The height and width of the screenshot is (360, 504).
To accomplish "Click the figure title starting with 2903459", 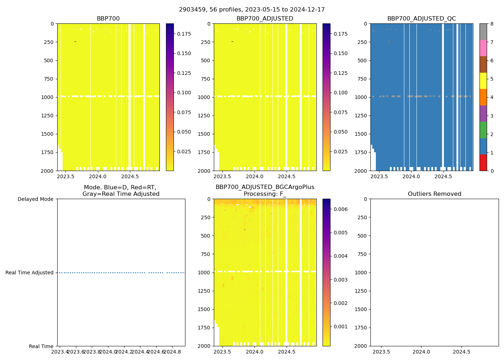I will point(252,10).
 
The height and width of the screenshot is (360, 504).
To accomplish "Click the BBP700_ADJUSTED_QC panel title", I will point(422,19).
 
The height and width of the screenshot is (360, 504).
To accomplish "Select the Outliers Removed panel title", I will point(435,194).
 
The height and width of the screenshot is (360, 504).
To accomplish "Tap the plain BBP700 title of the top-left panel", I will point(108,19).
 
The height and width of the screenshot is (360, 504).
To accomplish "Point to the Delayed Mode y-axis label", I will point(35,199).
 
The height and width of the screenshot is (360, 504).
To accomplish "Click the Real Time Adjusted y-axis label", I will point(30,273).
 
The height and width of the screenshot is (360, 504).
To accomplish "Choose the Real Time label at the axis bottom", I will point(41,346).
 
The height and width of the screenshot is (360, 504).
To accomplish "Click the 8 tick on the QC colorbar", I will point(491,24).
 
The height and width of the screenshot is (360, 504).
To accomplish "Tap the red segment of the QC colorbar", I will point(483,162).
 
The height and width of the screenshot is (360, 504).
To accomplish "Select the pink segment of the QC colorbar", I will point(483,48).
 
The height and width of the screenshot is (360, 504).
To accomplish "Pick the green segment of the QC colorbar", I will point(483,130).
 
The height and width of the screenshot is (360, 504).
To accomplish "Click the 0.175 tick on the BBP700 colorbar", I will point(184,34).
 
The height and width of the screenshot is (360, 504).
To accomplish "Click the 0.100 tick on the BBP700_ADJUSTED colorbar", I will point(341,93).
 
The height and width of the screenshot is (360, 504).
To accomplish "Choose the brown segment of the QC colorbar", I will point(483,64).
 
